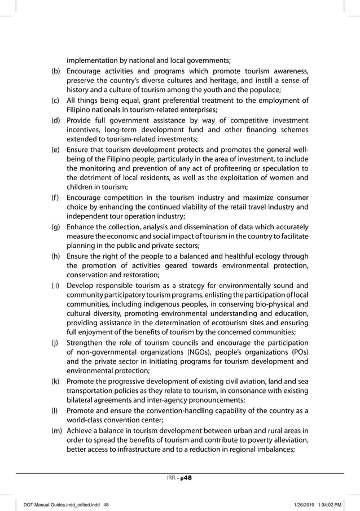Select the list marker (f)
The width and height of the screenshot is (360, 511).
(x=55, y=198)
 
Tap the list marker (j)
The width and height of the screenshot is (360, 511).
(x=55, y=340)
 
